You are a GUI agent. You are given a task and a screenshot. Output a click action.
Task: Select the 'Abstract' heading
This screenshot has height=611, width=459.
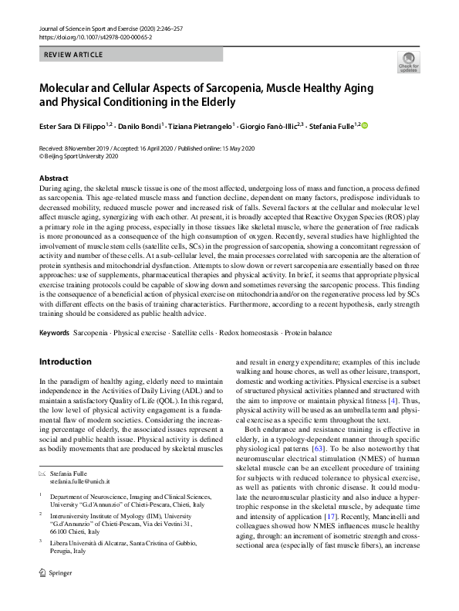click(x=54, y=178)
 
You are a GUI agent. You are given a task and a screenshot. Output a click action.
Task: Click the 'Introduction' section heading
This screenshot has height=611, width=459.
click(x=65, y=362)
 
